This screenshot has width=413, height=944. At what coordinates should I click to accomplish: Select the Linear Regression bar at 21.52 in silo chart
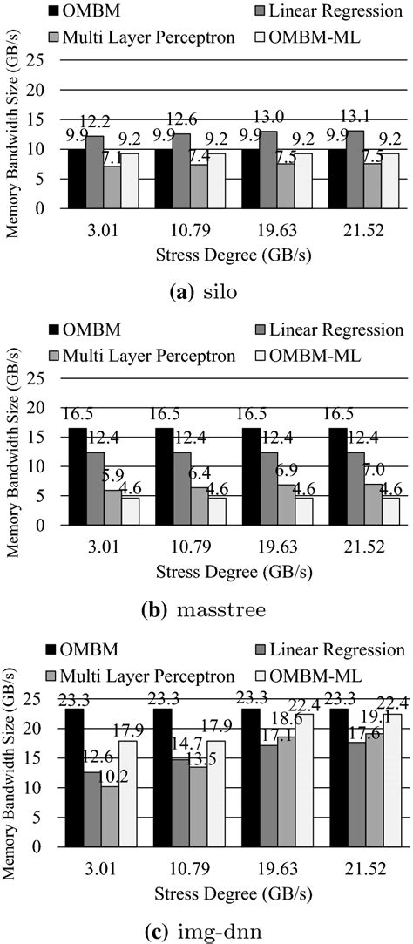361,169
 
